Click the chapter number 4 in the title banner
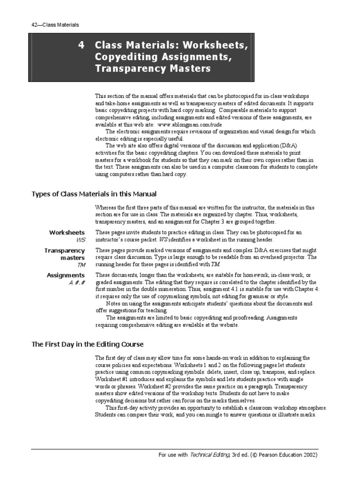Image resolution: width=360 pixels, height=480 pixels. tap(82, 45)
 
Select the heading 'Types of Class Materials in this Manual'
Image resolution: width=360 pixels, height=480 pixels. tap(94, 194)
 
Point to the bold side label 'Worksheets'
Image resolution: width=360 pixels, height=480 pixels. tap(67, 232)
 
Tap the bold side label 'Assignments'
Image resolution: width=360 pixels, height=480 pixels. tap(66, 275)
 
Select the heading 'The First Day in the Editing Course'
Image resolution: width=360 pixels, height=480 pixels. tap(87, 344)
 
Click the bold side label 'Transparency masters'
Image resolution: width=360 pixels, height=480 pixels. tap(65, 254)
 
